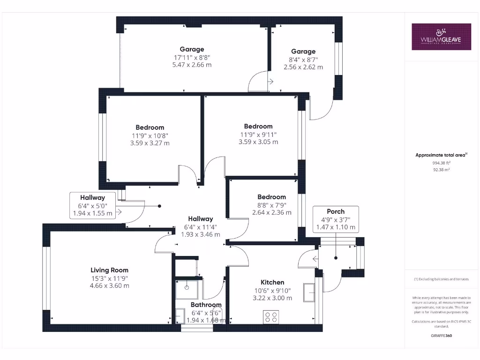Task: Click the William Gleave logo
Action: [441, 37]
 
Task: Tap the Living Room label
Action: [109, 270]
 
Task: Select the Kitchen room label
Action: [272, 282]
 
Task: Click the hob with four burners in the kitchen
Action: [271, 317]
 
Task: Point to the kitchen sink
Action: [309, 292]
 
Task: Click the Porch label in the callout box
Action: [335, 211]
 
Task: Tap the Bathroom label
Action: [206, 305]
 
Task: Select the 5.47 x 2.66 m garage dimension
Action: [192, 65]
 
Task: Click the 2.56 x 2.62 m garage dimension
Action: [303, 67]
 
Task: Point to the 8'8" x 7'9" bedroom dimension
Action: [271, 205]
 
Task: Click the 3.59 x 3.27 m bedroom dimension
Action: [150, 143]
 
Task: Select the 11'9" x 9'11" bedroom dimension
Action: [258, 134]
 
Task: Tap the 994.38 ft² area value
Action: [441, 163]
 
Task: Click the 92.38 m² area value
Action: [441, 170]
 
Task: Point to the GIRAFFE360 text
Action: [441, 336]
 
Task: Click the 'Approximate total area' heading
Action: [441, 155]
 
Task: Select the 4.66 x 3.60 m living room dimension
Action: [109, 285]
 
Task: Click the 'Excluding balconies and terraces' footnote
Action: [441, 279]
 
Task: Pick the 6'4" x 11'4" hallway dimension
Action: [201, 227]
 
